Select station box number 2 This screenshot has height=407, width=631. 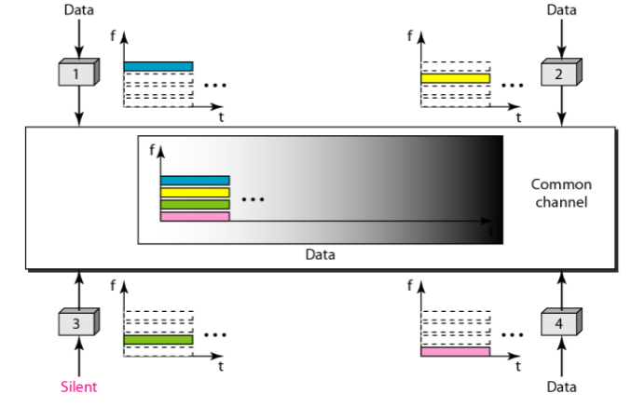(x=559, y=75)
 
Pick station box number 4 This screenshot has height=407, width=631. (x=559, y=326)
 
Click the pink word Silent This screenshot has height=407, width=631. (x=79, y=386)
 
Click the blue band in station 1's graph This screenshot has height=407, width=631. (x=158, y=66)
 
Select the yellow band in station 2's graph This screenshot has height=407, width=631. (x=455, y=78)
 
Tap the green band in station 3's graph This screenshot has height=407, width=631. (x=158, y=340)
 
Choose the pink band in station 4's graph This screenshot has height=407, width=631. (x=455, y=352)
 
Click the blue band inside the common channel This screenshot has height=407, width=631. (x=195, y=181)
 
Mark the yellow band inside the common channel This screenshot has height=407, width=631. (x=195, y=193)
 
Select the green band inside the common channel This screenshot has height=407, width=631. (x=195, y=204)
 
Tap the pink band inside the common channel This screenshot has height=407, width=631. (x=195, y=216)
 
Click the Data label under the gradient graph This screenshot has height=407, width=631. (x=320, y=253)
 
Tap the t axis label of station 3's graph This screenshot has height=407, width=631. (x=220, y=367)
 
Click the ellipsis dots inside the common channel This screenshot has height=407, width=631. (x=254, y=199)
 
